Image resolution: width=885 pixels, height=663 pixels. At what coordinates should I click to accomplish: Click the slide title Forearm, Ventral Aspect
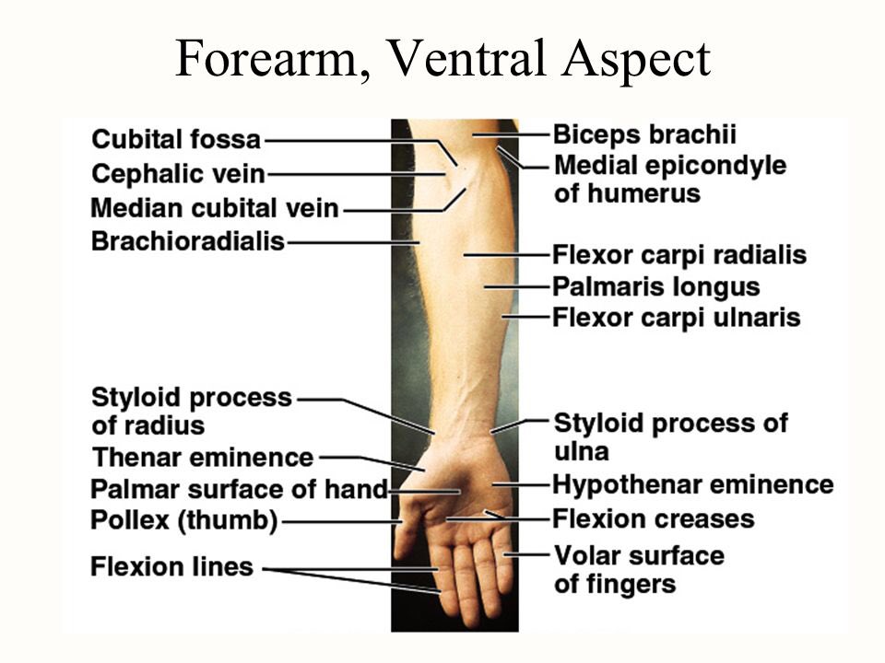(x=442, y=60)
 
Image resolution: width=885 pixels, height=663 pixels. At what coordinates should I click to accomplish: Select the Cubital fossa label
(x=176, y=140)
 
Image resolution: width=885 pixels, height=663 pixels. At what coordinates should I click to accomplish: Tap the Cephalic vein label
(x=179, y=173)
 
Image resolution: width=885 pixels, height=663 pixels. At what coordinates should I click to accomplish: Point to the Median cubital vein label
(x=215, y=207)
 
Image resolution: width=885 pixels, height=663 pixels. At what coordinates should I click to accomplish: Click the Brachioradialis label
(x=188, y=241)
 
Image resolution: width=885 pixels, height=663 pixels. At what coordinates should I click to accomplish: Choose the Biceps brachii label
(x=644, y=134)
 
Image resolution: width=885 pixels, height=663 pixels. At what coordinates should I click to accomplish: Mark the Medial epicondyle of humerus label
(x=670, y=180)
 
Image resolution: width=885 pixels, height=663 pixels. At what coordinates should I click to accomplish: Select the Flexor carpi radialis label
(x=679, y=255)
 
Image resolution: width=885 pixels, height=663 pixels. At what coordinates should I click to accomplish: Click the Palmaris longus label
(x=656, y=286)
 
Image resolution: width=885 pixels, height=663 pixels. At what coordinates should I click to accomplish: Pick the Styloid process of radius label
(x=192, y=412)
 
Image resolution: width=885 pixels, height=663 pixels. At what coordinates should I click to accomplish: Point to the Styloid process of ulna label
(x=670, y=436)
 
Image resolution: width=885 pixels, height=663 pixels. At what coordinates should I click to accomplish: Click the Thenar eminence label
(x=203, y=456)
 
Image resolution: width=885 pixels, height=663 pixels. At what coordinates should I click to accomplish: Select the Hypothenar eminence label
(x=692, y=484)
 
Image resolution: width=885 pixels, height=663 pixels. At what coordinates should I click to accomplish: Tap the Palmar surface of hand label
(x=239, y=489)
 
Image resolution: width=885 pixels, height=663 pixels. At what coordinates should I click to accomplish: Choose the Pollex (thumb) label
(x=184, y=521)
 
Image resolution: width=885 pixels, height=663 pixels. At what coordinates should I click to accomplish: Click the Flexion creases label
(x=653, y=518)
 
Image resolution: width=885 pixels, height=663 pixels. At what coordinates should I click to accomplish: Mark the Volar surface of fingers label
(x=638, y=569)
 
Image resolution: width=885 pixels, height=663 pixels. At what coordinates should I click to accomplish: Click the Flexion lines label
(x=171, y=565)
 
